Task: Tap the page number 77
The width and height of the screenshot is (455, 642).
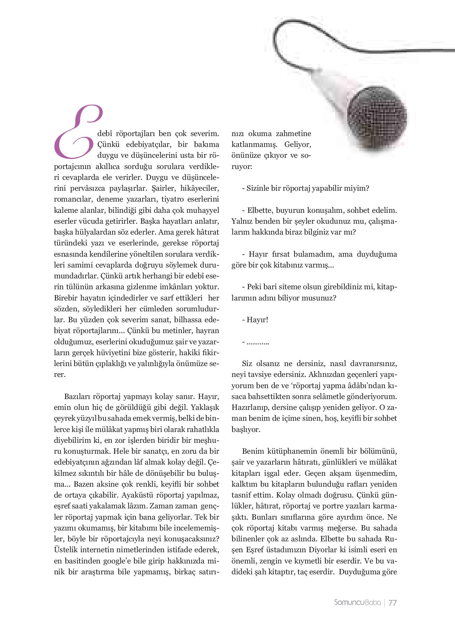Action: click(x=393, y=602)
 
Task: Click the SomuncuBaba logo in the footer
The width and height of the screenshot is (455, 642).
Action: click(x=357, y=602)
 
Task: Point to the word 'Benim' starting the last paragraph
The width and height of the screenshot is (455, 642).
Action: click(x=253, y=451)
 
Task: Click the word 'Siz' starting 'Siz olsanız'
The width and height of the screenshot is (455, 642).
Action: click(x=247, y=364)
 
